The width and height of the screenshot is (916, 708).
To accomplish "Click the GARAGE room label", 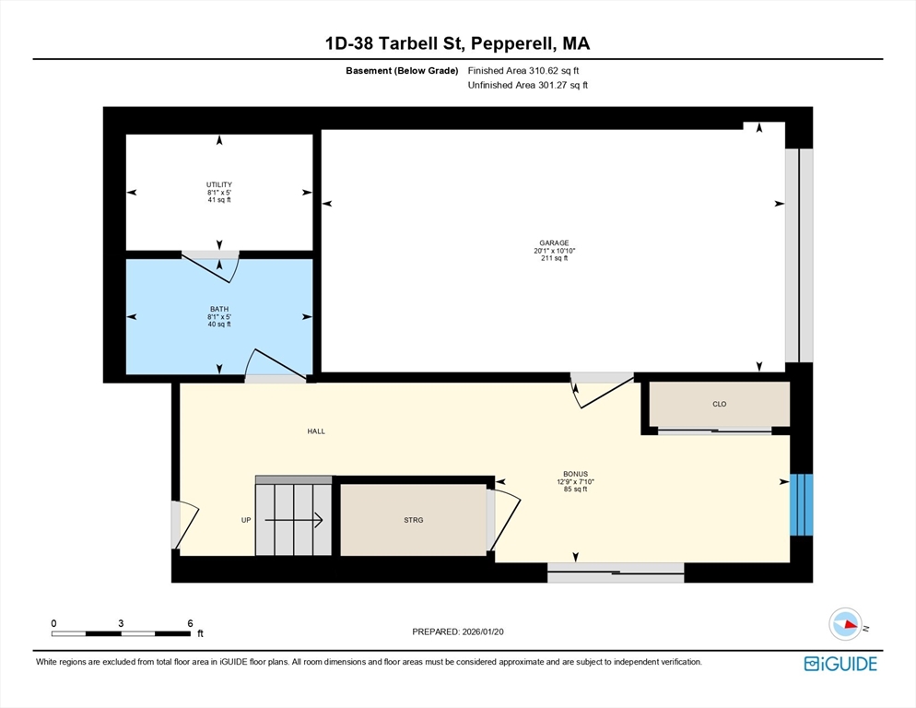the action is [554, 242].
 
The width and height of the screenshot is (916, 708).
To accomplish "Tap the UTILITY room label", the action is [219, 184].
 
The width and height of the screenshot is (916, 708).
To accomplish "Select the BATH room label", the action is [219, 309].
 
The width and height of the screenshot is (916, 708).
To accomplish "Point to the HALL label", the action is [316, 431].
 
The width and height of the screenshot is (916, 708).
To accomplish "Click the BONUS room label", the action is [575, 474].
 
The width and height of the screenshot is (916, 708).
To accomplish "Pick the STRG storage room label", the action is [414, 520].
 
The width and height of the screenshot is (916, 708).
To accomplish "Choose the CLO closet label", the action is [719, 404].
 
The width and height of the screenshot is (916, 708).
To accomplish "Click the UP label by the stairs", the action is [246, 520].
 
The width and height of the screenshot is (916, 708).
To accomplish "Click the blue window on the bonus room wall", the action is [802, 504].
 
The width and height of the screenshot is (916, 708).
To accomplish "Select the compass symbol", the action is [845, 624].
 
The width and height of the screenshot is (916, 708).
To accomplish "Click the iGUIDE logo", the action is [840, 664].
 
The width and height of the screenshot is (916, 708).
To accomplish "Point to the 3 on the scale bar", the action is [121, 623].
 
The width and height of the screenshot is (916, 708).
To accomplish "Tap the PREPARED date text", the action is [458, 631].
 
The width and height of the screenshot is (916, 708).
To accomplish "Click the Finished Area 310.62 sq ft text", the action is [523, 71].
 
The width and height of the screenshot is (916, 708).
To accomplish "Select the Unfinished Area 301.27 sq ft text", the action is [527, 85].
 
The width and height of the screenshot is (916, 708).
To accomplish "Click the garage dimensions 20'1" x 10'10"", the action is [555, 250].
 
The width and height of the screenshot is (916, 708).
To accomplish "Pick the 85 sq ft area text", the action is [575, 490].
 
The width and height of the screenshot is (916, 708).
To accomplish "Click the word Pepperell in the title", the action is [513, 43].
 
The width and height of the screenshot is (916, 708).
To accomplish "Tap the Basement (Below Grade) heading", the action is [402, 71].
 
